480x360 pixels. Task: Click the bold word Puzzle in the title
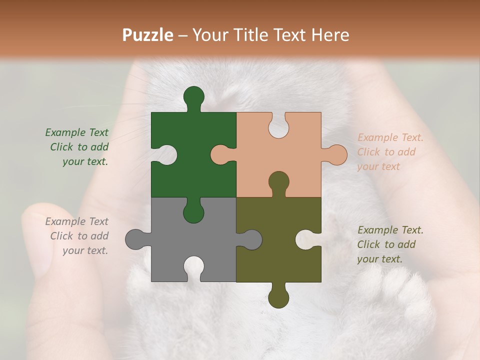[148, 35]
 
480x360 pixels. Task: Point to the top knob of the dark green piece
[193, 96]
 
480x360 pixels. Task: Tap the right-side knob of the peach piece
[336, 155]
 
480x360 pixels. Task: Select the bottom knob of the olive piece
[278, 297]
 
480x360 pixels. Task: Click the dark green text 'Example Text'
[76, 132]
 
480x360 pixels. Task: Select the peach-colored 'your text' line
[378, 166]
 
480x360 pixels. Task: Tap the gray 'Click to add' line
[79, 236]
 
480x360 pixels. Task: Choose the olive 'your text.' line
[379, 259]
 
